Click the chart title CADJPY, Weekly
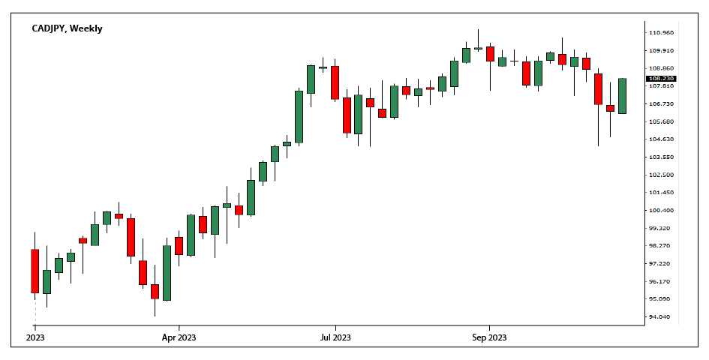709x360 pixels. (67, 28)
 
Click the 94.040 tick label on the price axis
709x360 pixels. (660, 317)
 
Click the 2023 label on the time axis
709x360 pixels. (35, 337)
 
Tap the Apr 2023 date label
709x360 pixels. (179, 337)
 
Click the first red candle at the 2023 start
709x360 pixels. (35, 271)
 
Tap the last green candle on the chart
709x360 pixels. (622, 96)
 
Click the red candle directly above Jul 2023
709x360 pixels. (335, 82)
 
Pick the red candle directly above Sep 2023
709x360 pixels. (490, 54)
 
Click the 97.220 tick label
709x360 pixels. (660, 264)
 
